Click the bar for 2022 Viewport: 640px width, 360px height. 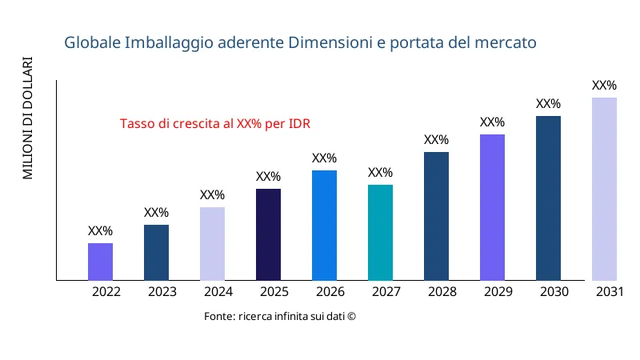point(100,262)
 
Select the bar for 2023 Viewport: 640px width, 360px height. point(156,252)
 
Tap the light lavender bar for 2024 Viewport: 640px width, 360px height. point(212,243)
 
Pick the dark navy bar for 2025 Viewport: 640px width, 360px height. point(268,234)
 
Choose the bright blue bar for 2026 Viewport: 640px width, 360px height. point(324,225)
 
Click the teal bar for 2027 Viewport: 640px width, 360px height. point(380,232)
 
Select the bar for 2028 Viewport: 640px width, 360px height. point(436,216)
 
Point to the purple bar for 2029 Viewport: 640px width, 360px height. point(492,207)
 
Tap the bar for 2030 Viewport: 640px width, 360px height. point(548,198)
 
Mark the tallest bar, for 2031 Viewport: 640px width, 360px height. point(604,189)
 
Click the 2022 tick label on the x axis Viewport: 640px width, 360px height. point(106,292)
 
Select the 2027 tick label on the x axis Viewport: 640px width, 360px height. point(386,292)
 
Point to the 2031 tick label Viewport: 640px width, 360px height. point(610,292)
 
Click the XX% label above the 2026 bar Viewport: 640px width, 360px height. point(324,158)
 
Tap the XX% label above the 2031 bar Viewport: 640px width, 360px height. point(604,86)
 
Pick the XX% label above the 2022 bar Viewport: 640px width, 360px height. point(100,231)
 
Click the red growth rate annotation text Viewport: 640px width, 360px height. point(214,124)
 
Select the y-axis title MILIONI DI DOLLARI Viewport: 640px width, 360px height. point(28,118)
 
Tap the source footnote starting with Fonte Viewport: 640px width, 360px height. point(279,317)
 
